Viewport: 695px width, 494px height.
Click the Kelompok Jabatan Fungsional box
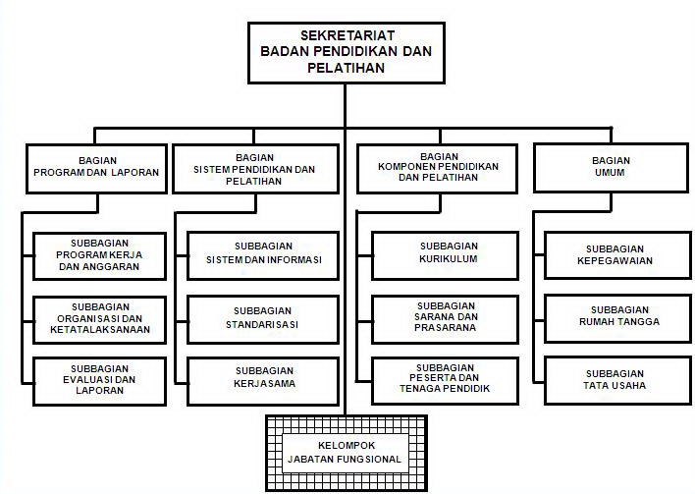[x=346, y=451]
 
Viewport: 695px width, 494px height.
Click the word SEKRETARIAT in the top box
[x=344, y=36]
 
